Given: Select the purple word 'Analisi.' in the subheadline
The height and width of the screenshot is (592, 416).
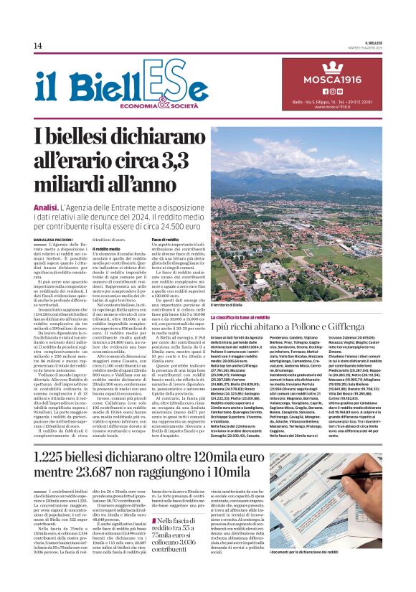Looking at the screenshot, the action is coord(48,207).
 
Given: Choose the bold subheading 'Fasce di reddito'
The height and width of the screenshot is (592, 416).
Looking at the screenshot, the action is coord(165,238).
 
